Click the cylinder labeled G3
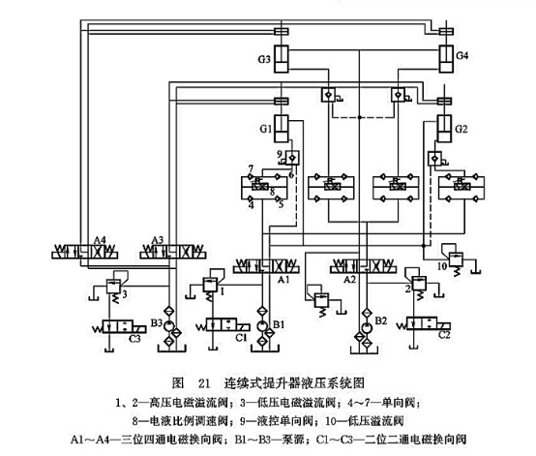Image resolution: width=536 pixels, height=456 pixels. (281, 58)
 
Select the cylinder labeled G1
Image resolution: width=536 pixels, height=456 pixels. (281, 128)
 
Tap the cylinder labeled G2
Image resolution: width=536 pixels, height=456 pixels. (447, 128)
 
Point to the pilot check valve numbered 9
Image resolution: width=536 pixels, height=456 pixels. (291, 157)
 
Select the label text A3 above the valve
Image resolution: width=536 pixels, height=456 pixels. (160, 239)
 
